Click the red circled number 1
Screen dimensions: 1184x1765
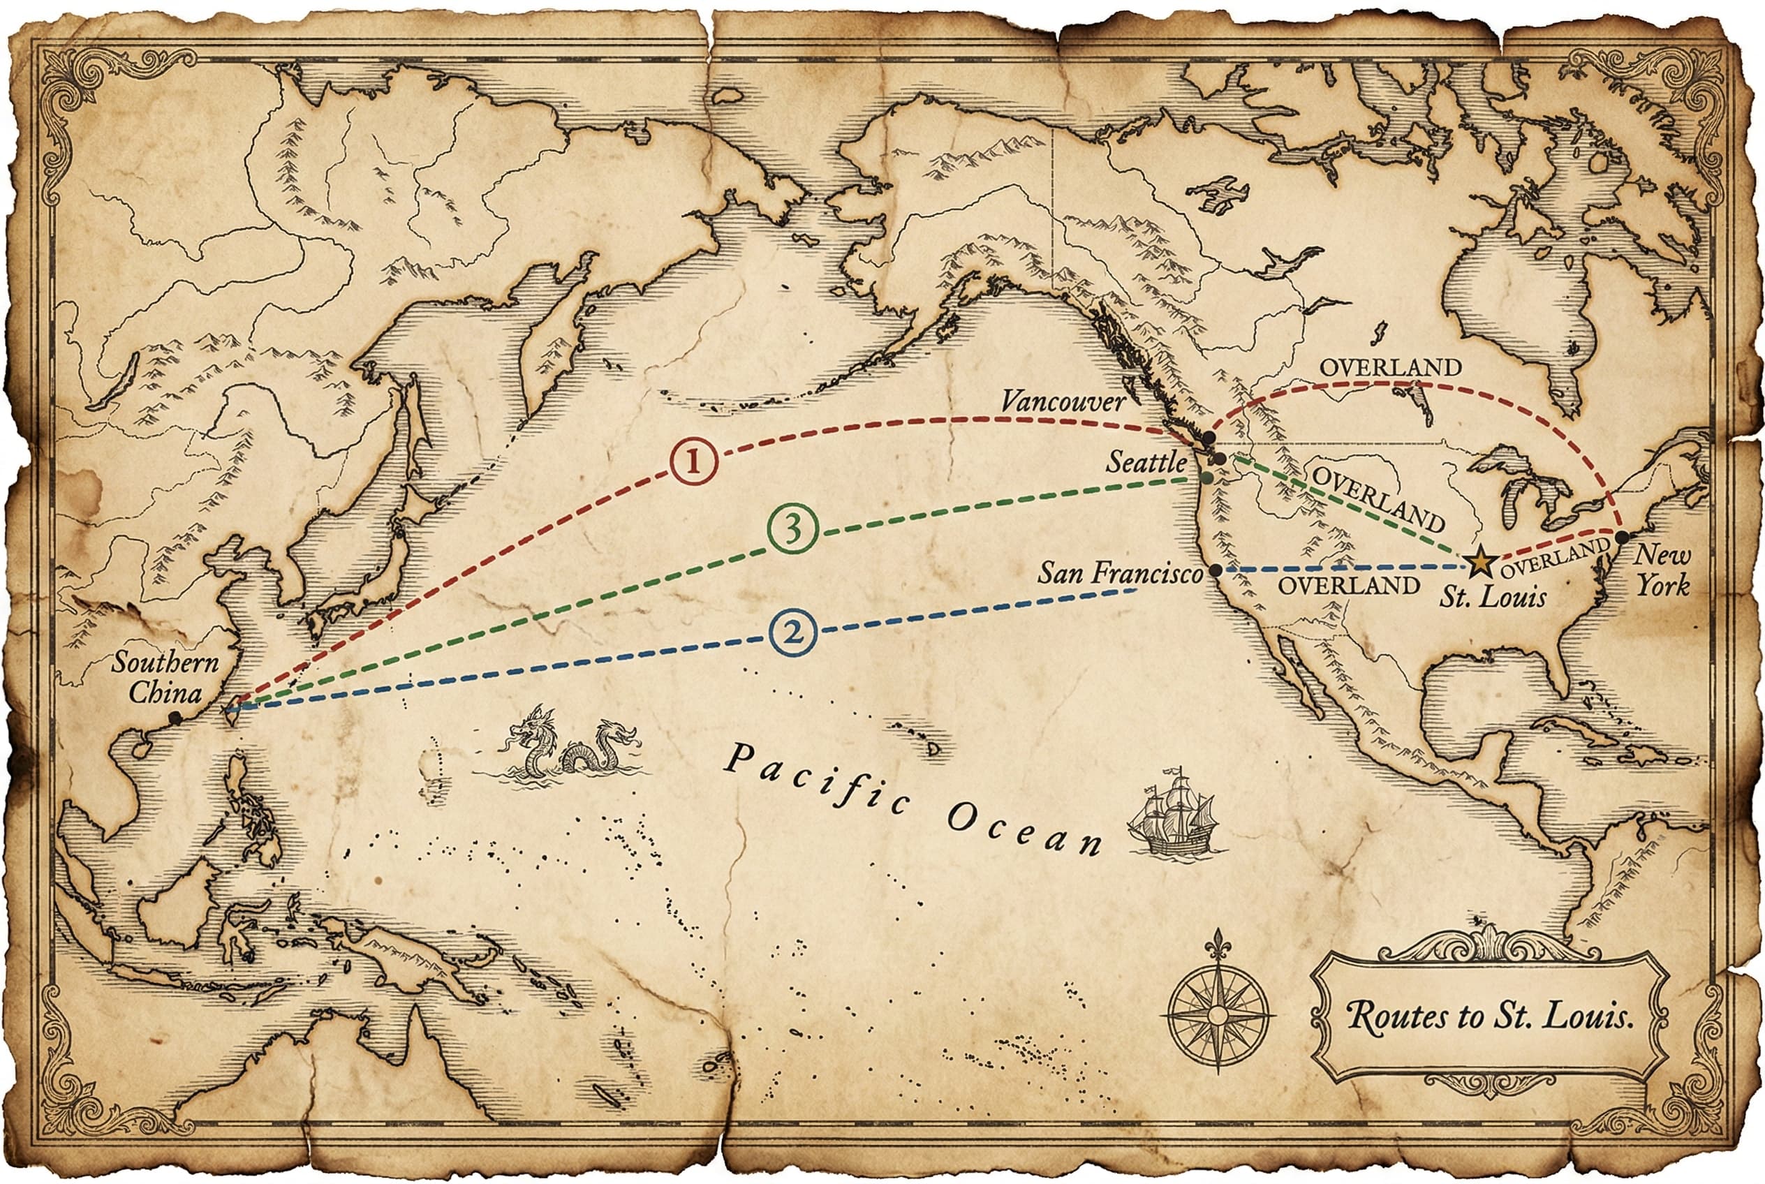[693, 461]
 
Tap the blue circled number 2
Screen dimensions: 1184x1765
[794, 631]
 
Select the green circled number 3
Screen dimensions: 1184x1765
[792, 529]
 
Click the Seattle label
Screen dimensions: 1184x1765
[1146, 462]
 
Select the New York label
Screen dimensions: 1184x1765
[1662, 570]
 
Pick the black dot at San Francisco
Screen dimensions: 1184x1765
[1216, 570]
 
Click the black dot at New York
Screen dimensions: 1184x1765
[1621, 537]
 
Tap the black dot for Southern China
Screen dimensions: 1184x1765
[175, 718]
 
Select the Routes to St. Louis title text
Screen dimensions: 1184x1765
[1489, 1016]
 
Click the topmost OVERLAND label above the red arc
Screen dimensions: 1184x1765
[1390, 368]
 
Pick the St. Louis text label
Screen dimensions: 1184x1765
[1492, 598]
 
